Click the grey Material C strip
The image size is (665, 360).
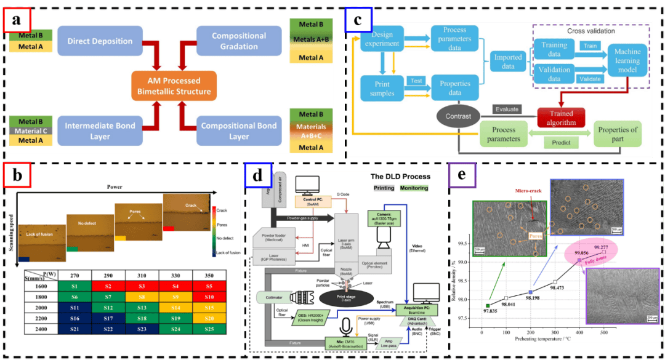[x=26, y=131]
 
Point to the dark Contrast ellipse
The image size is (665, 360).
[x=457, y=116]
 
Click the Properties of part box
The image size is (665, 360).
[x=618, y=134]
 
